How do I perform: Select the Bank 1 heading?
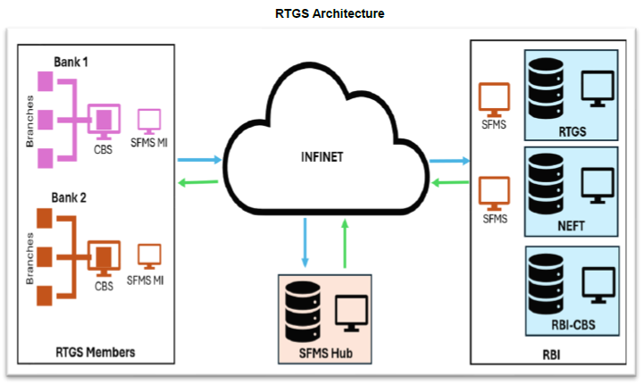(70, 63)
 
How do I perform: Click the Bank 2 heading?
(71, 197)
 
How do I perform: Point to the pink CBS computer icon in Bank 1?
(104, 119)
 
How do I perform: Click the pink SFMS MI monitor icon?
(148, 120)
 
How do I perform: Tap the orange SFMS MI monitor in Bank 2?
(148, 256)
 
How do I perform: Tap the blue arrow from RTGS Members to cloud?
(197, 161)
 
